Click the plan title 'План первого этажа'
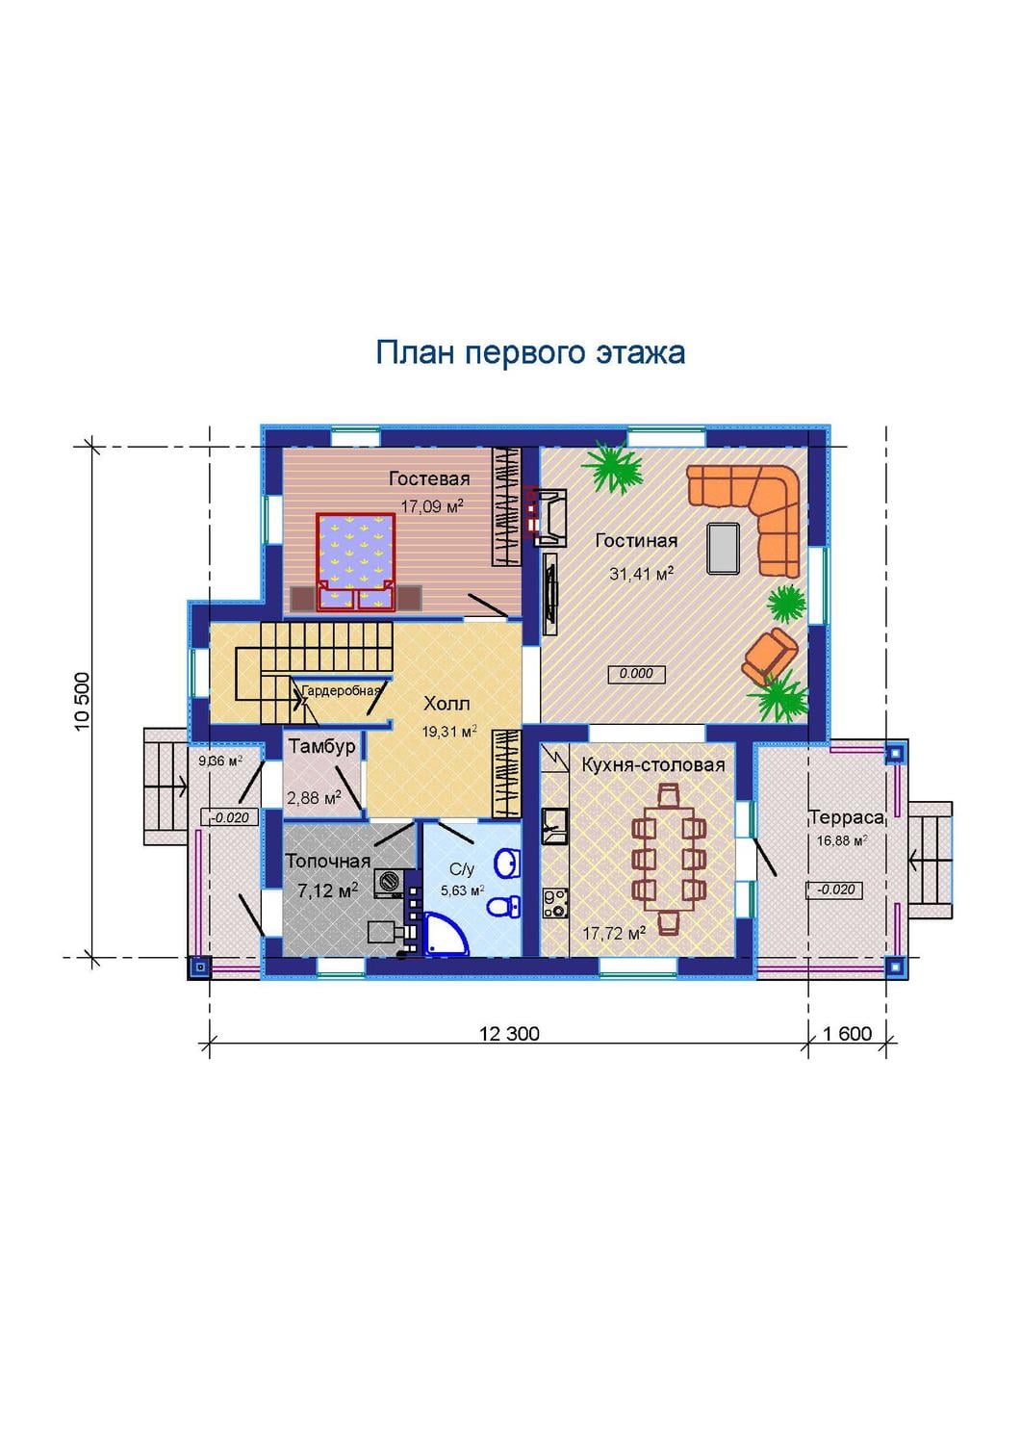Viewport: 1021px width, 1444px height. pyautogui.click(x=530, y=352)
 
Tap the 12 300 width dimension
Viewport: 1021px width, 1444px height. pyautogui.click(x=509, y=1033)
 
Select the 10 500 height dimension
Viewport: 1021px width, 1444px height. pyautogui.click(x=83, y=702)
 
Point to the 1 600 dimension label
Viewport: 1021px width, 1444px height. pyautogui.click(x=848, y=1033)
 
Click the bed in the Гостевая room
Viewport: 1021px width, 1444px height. pyautogui.click(x=355, y=561)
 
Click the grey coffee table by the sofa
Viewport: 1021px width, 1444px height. pyautogui.click(x=724, y=548)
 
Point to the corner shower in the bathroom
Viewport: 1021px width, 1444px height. pyautogui.click(x=447, y=934)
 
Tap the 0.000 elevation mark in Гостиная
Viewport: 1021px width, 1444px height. pyautogui.click(x=636, y=674)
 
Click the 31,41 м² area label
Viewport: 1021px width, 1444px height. pyautogui.click(x=641, y=573)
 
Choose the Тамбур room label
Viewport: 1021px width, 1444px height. pyautogui.click(x=321, y=746)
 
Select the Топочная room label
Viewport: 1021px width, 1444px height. pyautogui.click(x=328, y=861)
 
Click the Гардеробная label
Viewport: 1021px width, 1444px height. pyautogui.click(x=342, y=690)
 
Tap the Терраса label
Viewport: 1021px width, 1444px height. pyautogui.click(x=847, y=817)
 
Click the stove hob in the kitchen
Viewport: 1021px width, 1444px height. pyautogui.click(x=555, y=903)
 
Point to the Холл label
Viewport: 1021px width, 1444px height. pyautogui.click(x=447, y=704)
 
